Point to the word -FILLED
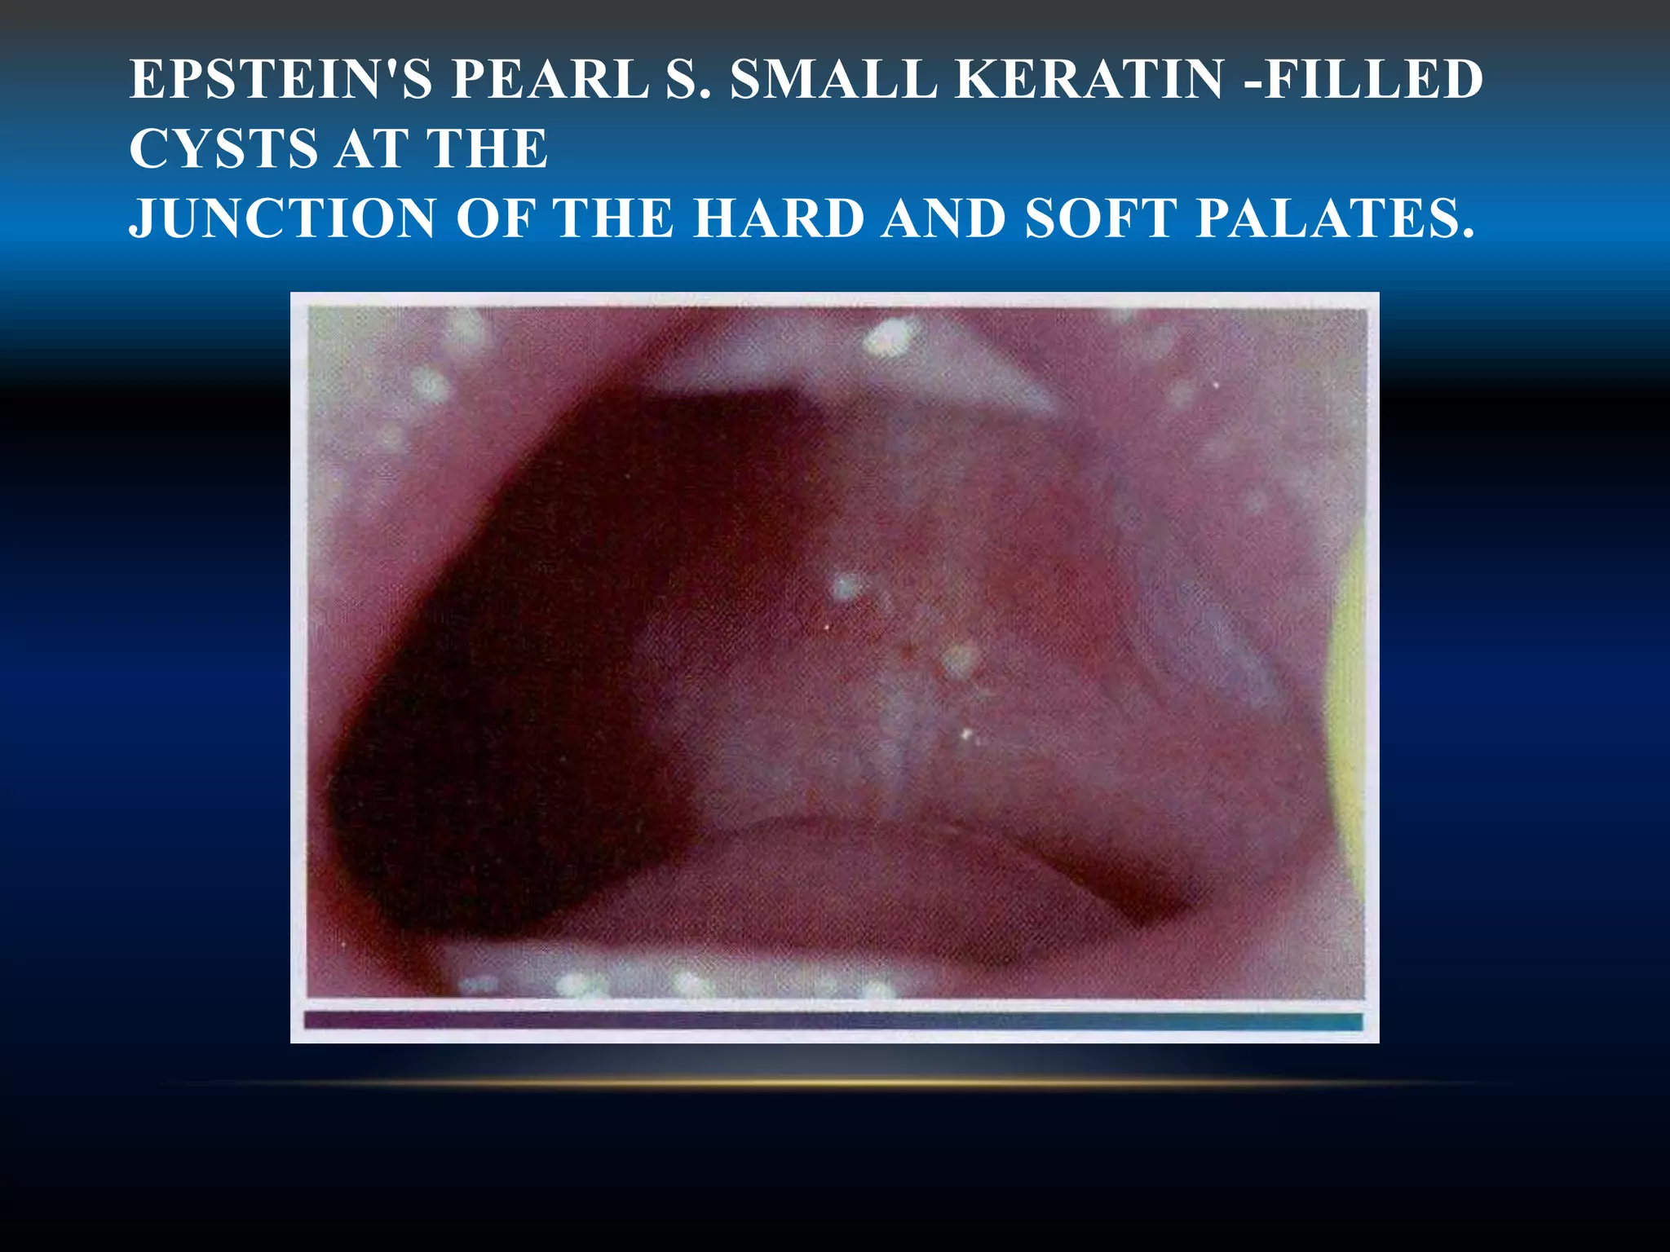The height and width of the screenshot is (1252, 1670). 1367,80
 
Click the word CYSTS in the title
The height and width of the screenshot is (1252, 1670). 223,149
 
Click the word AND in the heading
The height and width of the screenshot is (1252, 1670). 943,218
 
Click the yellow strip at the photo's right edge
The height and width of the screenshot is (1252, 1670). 1348,717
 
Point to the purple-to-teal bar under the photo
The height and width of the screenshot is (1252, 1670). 833,1021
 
